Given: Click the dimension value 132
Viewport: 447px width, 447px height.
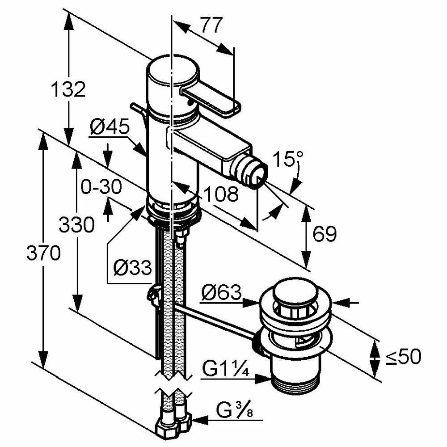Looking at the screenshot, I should (x=68, y=89).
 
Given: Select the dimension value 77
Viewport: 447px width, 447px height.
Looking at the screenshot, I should (x=211, y=26).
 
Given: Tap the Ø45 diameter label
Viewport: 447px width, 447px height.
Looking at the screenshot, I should (x=110, y=127).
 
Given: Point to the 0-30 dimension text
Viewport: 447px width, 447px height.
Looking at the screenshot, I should (x=101, y=186).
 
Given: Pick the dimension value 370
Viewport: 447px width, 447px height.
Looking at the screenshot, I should (x=43, y=253).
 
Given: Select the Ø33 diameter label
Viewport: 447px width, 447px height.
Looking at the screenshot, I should (x=132, y=268).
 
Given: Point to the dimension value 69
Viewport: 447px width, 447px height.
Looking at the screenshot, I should (x=324, y=233).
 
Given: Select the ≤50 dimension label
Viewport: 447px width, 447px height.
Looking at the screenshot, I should (x=404, y=356).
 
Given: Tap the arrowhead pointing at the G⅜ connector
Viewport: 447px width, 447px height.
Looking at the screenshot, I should (x=199, y=420).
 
